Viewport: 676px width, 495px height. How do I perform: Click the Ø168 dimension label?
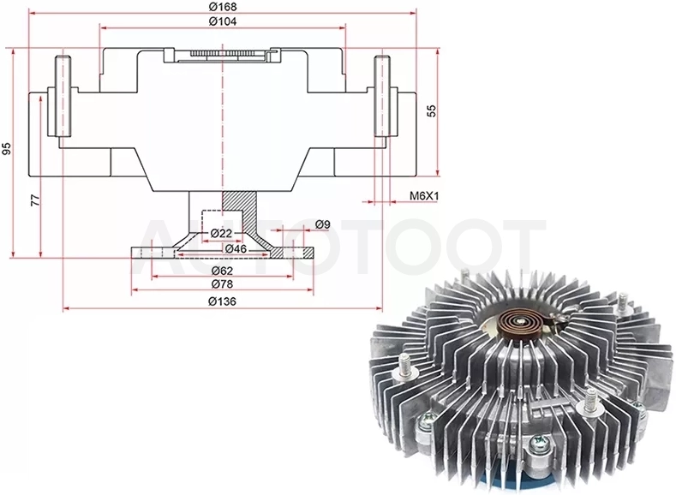coord(223,7)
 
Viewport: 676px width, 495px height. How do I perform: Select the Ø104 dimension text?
coord(223,21)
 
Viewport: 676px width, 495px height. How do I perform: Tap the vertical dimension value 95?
coord(7,149)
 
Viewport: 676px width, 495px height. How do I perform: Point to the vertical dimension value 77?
coord(35,200)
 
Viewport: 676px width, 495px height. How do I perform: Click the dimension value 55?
coord(432,110)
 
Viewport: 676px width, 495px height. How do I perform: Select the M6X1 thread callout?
coord(424,196)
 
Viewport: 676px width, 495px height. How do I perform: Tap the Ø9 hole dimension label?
coord(322,224)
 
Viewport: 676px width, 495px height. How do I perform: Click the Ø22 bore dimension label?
coord(222,234)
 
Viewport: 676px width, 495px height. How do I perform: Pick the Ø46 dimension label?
coord(236,248)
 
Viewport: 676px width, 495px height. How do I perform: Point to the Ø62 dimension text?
coord(222,271)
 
